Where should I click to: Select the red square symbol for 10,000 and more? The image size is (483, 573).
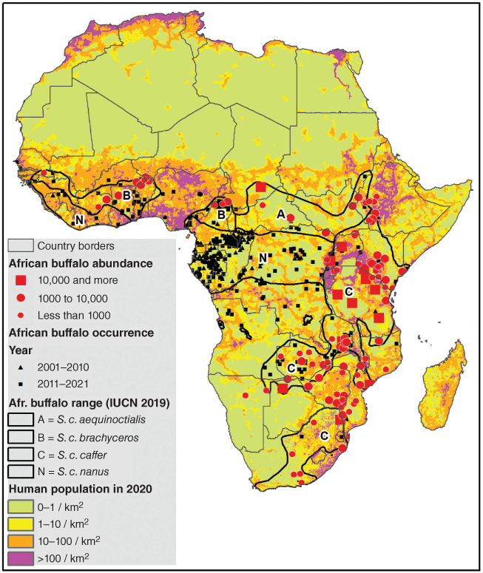21,280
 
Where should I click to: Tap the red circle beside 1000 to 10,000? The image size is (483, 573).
21,298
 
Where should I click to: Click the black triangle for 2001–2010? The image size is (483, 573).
21,367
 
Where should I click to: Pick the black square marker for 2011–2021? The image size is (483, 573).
21,384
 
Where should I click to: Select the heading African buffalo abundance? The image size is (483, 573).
80,262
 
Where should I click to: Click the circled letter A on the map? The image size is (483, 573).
280,213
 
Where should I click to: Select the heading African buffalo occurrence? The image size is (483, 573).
81,333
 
